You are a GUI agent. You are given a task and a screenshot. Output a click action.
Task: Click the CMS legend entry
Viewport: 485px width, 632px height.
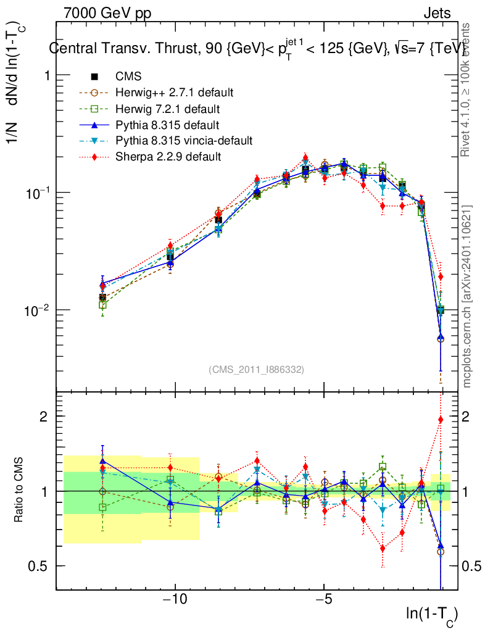pos(128,77)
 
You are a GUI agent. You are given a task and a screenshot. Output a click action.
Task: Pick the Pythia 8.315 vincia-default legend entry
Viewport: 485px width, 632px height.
pos(184,141)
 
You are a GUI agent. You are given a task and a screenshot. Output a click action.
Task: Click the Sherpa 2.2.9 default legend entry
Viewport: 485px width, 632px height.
pos(168,157)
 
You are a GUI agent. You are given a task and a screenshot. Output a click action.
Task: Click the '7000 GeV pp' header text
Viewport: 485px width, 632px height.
pos(107,13)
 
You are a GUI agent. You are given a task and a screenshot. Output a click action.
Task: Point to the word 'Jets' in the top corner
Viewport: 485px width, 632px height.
pos(437,13)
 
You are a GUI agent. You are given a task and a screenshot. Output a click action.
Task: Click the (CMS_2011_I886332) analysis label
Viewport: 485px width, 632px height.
pos(256,369)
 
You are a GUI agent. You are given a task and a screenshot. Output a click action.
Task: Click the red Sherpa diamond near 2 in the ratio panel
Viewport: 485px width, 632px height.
pos(441,420)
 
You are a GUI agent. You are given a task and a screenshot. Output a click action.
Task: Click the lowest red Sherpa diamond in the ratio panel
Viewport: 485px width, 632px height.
pos(383,548)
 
